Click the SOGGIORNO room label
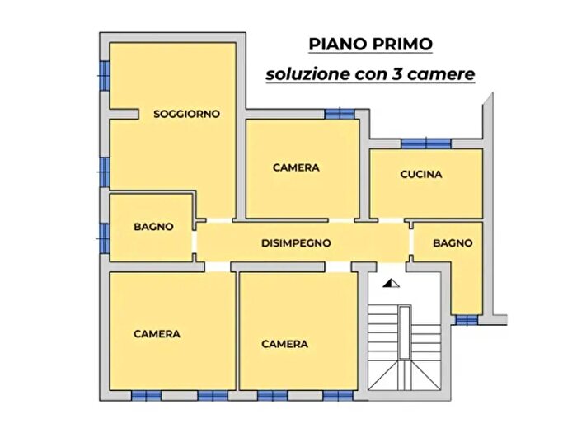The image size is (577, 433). (x=187, y=115)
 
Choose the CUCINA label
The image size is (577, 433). (x=421, y=174)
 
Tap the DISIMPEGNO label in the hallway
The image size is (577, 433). (x=296, y=243)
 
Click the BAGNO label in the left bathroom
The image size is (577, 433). (x=154, y=227)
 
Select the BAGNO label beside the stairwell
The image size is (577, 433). (x=453, y=243)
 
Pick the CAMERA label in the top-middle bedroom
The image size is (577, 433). (x=296, y=167)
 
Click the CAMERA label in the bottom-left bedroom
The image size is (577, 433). (x=157, y=334)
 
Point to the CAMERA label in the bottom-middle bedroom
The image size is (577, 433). (x=284, y=344)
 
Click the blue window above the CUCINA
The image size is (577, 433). (x=425, y=144)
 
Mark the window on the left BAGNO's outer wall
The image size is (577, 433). (x=105, y=236)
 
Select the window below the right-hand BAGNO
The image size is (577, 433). (x=467, y=320)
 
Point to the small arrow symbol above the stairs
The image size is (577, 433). (x=392, y=284)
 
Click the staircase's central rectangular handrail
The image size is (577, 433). (x=404, y=332)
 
